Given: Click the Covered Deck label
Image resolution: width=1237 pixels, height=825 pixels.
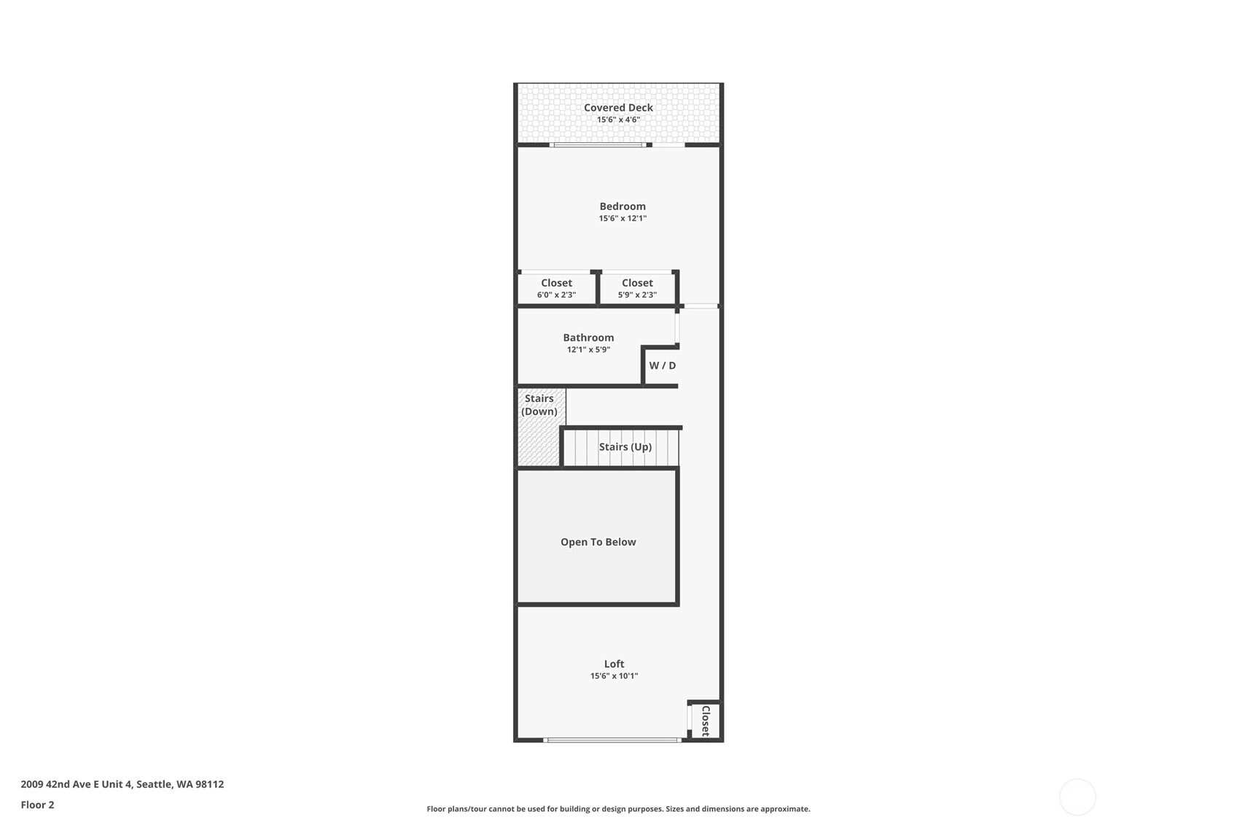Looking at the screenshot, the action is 618,107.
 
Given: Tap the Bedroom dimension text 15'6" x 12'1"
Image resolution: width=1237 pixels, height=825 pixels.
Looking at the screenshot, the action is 623,218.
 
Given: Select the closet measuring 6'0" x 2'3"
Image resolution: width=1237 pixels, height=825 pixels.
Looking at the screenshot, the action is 557,288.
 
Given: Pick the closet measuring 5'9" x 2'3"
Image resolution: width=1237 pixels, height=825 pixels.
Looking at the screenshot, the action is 637,288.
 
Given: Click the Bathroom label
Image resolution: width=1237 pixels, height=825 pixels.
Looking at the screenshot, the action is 588,337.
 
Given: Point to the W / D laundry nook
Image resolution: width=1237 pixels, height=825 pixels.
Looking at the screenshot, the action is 662,365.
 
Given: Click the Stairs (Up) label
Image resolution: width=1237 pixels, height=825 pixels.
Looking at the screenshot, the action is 625,446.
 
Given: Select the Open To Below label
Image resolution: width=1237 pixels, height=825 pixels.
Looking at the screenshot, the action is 598,542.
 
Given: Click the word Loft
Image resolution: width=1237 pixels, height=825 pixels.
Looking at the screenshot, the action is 614,664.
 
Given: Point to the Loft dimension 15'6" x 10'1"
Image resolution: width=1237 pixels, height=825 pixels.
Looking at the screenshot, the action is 614,675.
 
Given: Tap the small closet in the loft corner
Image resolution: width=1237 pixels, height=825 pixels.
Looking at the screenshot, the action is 705,721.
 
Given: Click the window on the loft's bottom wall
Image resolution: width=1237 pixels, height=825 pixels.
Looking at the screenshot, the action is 612,740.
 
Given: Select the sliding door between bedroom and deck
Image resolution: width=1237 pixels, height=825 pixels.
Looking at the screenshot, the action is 598,144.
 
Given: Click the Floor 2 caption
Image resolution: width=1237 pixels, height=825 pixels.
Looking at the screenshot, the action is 38,805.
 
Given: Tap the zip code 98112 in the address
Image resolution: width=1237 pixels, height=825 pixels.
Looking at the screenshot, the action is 209,784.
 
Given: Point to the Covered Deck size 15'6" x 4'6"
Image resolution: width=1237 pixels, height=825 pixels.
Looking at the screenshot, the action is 618,120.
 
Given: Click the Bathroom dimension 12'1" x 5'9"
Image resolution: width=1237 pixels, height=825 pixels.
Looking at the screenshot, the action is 588,349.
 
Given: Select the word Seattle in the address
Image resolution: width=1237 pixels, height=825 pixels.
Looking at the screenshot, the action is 155,784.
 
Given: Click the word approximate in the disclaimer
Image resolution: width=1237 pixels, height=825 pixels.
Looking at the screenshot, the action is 785,809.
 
